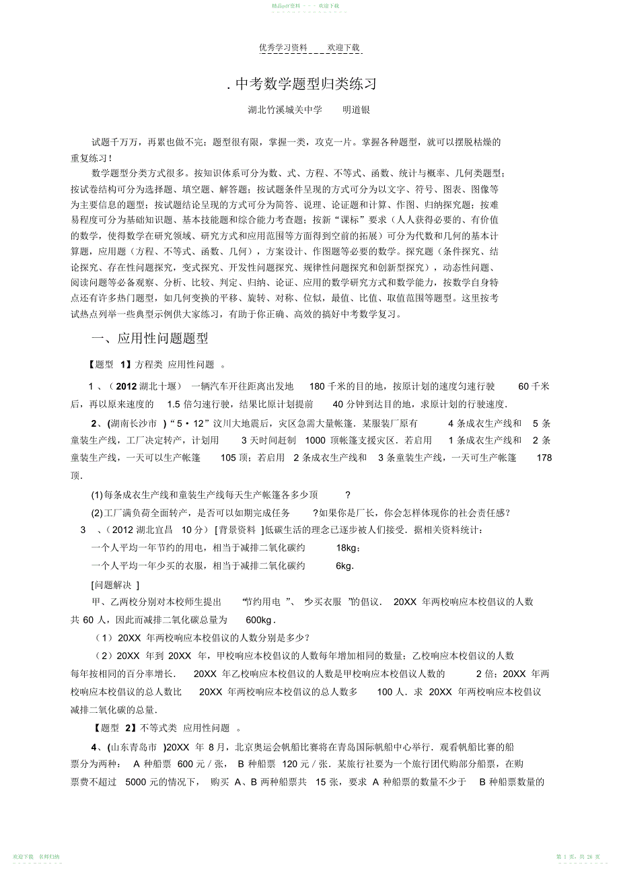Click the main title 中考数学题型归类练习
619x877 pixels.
pyautogui.click(x=304, y=84)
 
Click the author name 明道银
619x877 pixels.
pyautogui.click(x=357, y=110)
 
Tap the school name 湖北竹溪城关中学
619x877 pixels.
pyautogui.click(x=285, y=110)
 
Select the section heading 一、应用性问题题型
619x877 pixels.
pyautogui.click(x=149, y=338)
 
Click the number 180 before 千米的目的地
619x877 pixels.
pyautogui.click(x=317, y=386)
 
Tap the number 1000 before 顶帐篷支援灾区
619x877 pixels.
pyautogui.click(x=315, y=441)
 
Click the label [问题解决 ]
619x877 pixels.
pyautogui.click(x=115, y=584)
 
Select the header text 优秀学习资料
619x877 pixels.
pyautogui.click(x=283, y=48)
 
